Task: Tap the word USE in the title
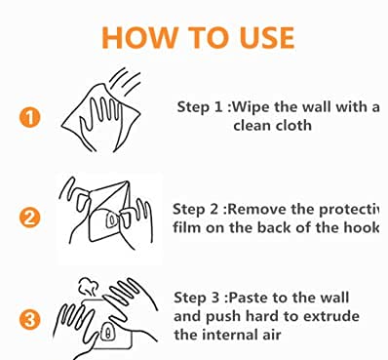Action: point(267,37)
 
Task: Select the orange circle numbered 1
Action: point(29,118)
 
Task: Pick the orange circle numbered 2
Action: point(29,219)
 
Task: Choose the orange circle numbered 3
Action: point(29,320)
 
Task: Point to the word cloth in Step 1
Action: point(294,126)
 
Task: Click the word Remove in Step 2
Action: point(257,209)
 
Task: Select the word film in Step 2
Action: point(182,227)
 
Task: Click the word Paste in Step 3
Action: point(248,298)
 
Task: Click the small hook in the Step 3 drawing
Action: point(107,332)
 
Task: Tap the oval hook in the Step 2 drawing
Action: point(112,220)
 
